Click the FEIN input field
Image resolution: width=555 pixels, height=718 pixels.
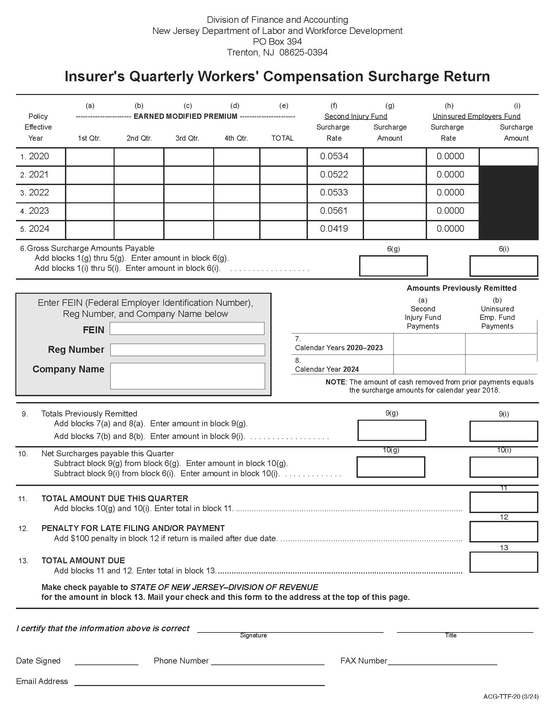tap(187, 328)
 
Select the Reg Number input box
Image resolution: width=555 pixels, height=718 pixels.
tap(187, 350)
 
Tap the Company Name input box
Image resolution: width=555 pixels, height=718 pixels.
tap(187, 376)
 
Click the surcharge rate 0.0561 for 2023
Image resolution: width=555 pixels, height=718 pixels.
tap(334, 211)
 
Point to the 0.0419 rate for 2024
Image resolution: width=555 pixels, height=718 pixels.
tap(334, 229)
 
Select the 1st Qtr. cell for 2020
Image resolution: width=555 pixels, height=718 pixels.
tap(90, 156)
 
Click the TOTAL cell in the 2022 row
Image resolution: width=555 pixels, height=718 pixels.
tap(283, 193)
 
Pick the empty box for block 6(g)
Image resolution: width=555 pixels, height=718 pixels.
tap(393, 266)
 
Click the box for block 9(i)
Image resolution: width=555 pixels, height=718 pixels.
tap(503, 431)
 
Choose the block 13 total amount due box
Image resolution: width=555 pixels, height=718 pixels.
tap(503, 562)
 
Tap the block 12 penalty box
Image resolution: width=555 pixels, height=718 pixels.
tap(503, 532)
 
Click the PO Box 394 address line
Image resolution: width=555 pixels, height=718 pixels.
tap(277, 42)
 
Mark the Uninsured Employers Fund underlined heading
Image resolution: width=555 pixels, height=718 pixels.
tap(476, 117)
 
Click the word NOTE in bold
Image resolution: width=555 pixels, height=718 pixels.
tap(335, 382)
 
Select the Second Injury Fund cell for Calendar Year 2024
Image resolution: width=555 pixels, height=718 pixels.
tap(429, 365)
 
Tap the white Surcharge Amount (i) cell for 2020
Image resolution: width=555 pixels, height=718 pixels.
tap(508, 156)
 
